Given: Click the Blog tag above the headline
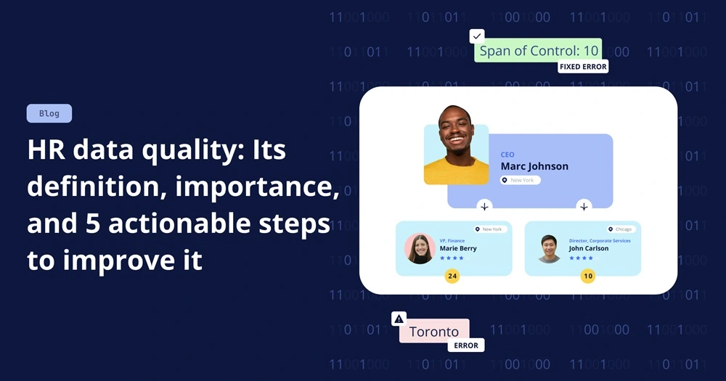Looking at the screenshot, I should pos(49,113).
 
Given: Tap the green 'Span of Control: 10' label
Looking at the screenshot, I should pos(539,51).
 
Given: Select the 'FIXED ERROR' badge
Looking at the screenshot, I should pos(583,67).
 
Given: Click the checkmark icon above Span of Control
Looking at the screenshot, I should pos(477,36).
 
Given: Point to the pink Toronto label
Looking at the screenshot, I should pos(434,332).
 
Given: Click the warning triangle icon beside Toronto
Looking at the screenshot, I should pos(399,319).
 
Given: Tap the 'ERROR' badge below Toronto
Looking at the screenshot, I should pos(466,345).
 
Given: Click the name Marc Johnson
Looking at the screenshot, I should pos(534,166).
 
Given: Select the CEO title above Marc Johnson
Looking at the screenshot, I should pos(507,155).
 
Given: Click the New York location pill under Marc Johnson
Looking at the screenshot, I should pos(521,180).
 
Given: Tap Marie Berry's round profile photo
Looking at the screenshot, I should pos(420,248).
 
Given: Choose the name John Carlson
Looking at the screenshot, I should pos(589,248).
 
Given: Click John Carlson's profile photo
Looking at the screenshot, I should pos(550,248).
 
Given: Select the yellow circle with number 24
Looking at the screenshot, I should pos(452,276).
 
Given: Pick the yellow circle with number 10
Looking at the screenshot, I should pos(587,276).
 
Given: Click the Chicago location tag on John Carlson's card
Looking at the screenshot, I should pos(621,229).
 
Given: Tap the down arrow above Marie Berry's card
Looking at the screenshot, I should pos(484,207).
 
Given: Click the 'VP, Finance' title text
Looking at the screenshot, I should pos(452,240).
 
